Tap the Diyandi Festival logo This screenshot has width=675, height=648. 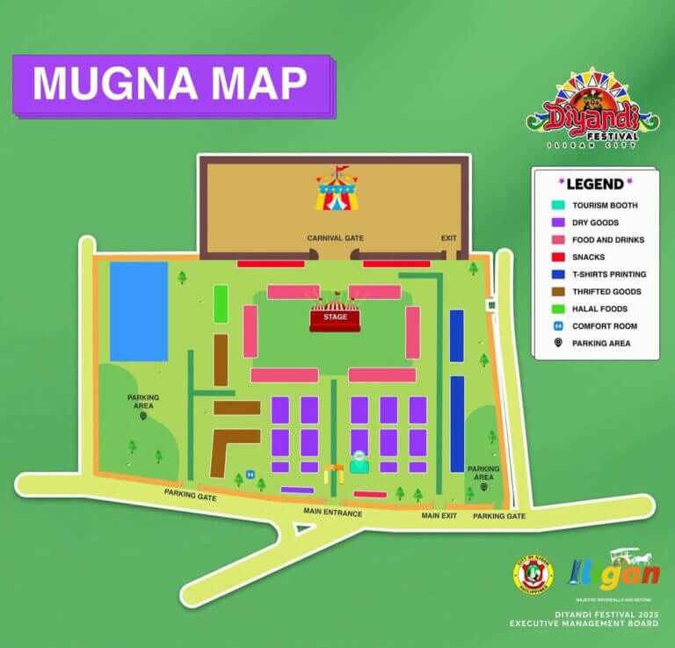pos(592,110)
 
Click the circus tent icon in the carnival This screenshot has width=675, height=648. pos(337,190)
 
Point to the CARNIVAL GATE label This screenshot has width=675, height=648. pos(335,238)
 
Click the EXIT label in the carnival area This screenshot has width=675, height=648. pos(449,238)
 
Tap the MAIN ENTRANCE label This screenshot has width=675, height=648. pos(332,513)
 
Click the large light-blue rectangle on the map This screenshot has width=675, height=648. pos(139,311)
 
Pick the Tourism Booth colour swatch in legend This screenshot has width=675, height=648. pos(557,206)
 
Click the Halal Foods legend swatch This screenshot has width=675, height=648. pos(557,309)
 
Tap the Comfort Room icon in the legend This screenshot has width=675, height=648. pos(557,325)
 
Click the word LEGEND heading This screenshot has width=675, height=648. pos(595,184)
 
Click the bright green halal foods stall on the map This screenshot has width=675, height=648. pos(221,304)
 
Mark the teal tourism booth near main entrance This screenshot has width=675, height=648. pos(359,462)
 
